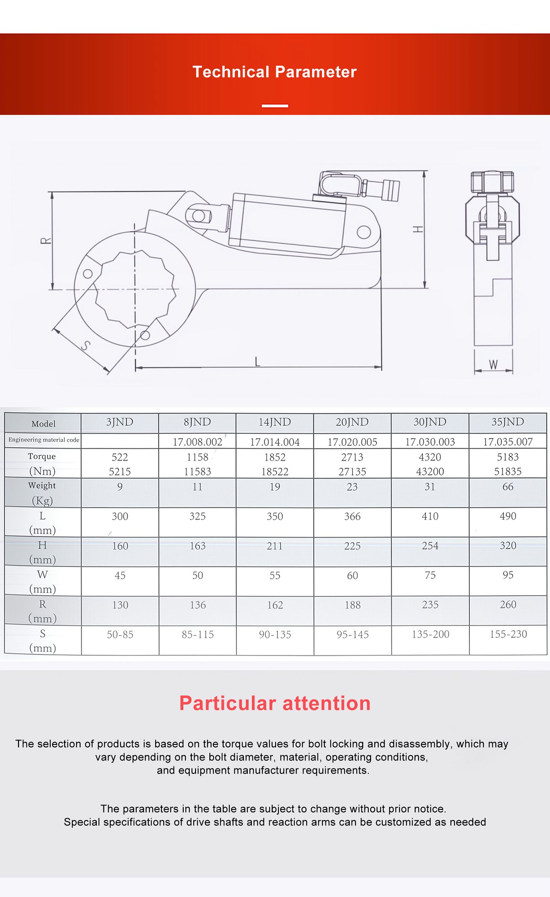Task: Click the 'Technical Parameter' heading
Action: [x=274, y=72]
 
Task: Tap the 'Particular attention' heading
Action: [x=275, y=703]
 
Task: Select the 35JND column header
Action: [x=507, y=422]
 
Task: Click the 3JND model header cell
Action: [x=120, y=422]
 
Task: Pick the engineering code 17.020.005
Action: [x=352, y=442]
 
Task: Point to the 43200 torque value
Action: [x=430, y=471]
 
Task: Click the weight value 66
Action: [x=508, y=487]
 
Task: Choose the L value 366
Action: [x=352, y=516]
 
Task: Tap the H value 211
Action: [x=275, y=546]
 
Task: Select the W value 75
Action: [x=430, y=575]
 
